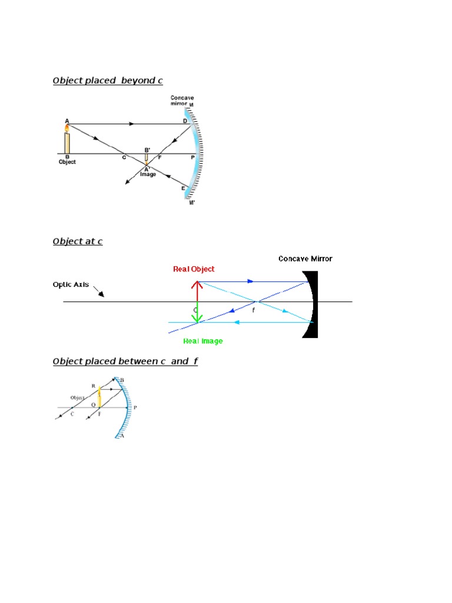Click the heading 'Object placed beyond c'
pyautogui.click(x=108, y=81)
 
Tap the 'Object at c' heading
pyautogui.click(x=78, y=241)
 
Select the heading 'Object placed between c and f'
pyautogui.click(x=125, y=361)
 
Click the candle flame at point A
pyautogui.click(x=67, y=127)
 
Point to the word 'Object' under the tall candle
pyautogui.click(x=67, y=162)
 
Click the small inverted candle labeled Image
pyautogui.click(x=147, y=158)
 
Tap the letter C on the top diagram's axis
pyautogui.click(x=124, y=158)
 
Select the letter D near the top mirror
pyautogui.click(x=185, y=121)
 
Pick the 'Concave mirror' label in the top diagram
pyautogui.click(x=182, y=101)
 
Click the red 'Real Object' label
pyautogui.click(x=194, y=269)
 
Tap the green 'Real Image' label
pyautogui.click(x=203, y=341)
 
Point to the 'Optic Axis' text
pyautogui.click(x=71, y=284)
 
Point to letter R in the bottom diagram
pyautogui.click(x=93, y=386)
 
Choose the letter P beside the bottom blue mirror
pyautogui.click(x=135, y=407)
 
